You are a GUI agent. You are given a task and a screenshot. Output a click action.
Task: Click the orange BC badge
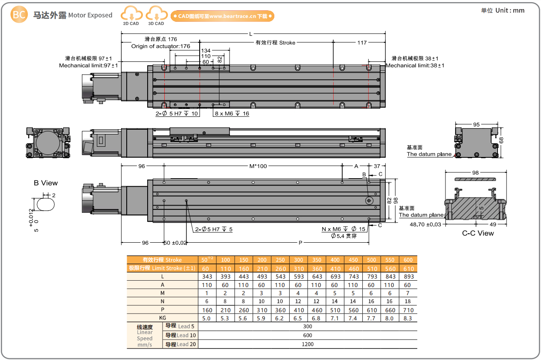pyautogui.click(x=19, y=15)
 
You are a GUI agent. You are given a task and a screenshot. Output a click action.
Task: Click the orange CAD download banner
pyautogui.click(x=222, y=16)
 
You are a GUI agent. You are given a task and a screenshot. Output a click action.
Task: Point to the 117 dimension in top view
pyautogui.click(x=362, y=43)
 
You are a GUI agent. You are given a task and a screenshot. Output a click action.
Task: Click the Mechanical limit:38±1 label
pyautogui.click(x=415, y=66)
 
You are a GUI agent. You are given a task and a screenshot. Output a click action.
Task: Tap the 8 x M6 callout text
pyautogui.click(x=232, y=114)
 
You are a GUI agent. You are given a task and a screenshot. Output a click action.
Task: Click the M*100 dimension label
pyautogui.click(x=258, y=166)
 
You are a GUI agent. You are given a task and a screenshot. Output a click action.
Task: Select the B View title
pyautogui.click(x=46, y=183)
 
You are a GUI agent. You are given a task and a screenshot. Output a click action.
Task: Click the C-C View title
pyautogui.click(x=478, y=233)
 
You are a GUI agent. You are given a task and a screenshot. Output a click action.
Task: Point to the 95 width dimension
pyautogui.click(x=476, y=125)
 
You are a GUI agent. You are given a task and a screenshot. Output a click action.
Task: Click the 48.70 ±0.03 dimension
pyautogui.click(x=425, y=224)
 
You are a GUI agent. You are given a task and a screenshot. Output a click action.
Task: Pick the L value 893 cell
pyautogui.click(x=408, y=276)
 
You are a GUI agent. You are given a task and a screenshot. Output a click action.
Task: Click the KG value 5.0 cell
pyautogui.click(x=207, y=318)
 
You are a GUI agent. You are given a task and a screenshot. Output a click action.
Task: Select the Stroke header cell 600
pyautogui.click(x=408, y=260)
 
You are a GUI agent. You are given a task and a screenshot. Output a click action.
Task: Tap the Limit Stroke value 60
pyautogui.click(x=207, y=268)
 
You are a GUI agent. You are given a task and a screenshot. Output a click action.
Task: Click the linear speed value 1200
pyautogui.click(x=307, y=344)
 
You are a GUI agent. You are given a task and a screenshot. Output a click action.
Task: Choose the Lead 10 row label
pyautogui.click(x=180, y=335)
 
